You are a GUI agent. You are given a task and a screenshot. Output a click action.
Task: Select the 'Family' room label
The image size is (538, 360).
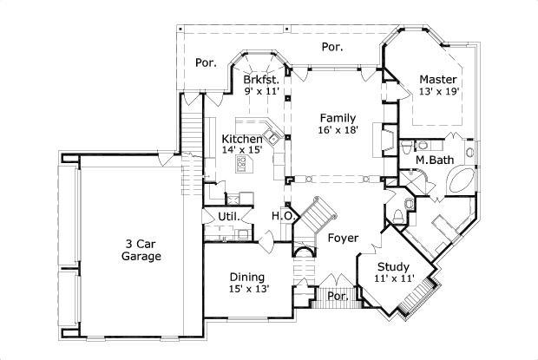coord(337,117)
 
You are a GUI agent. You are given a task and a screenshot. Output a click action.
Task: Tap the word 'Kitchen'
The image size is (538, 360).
coord(242,139)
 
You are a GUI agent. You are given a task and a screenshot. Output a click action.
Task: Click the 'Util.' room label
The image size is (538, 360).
coord(228,216)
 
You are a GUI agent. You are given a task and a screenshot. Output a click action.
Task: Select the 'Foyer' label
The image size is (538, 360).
coord(343,237)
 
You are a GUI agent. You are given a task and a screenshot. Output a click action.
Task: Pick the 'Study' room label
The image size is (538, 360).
coord(395,266)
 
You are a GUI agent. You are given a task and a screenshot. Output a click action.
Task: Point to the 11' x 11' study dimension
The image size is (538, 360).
coord(395,278)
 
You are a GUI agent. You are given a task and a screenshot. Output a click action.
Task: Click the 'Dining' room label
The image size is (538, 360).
coord(247,277)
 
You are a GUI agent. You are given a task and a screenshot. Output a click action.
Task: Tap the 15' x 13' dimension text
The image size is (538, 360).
coord(248,289)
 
